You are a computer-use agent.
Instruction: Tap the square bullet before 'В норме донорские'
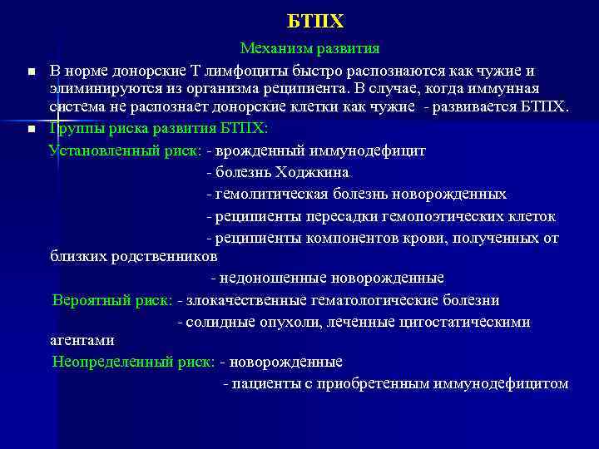click(x=30, y=72)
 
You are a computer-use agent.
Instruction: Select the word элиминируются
click(x=97, y=89)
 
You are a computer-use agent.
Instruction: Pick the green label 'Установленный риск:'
click(x=126, y=151)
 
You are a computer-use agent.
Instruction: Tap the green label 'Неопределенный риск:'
click(x=134, y=363)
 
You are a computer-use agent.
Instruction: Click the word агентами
click(x=82, y=340)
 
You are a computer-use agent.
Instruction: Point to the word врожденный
click(x=259, y=151)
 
